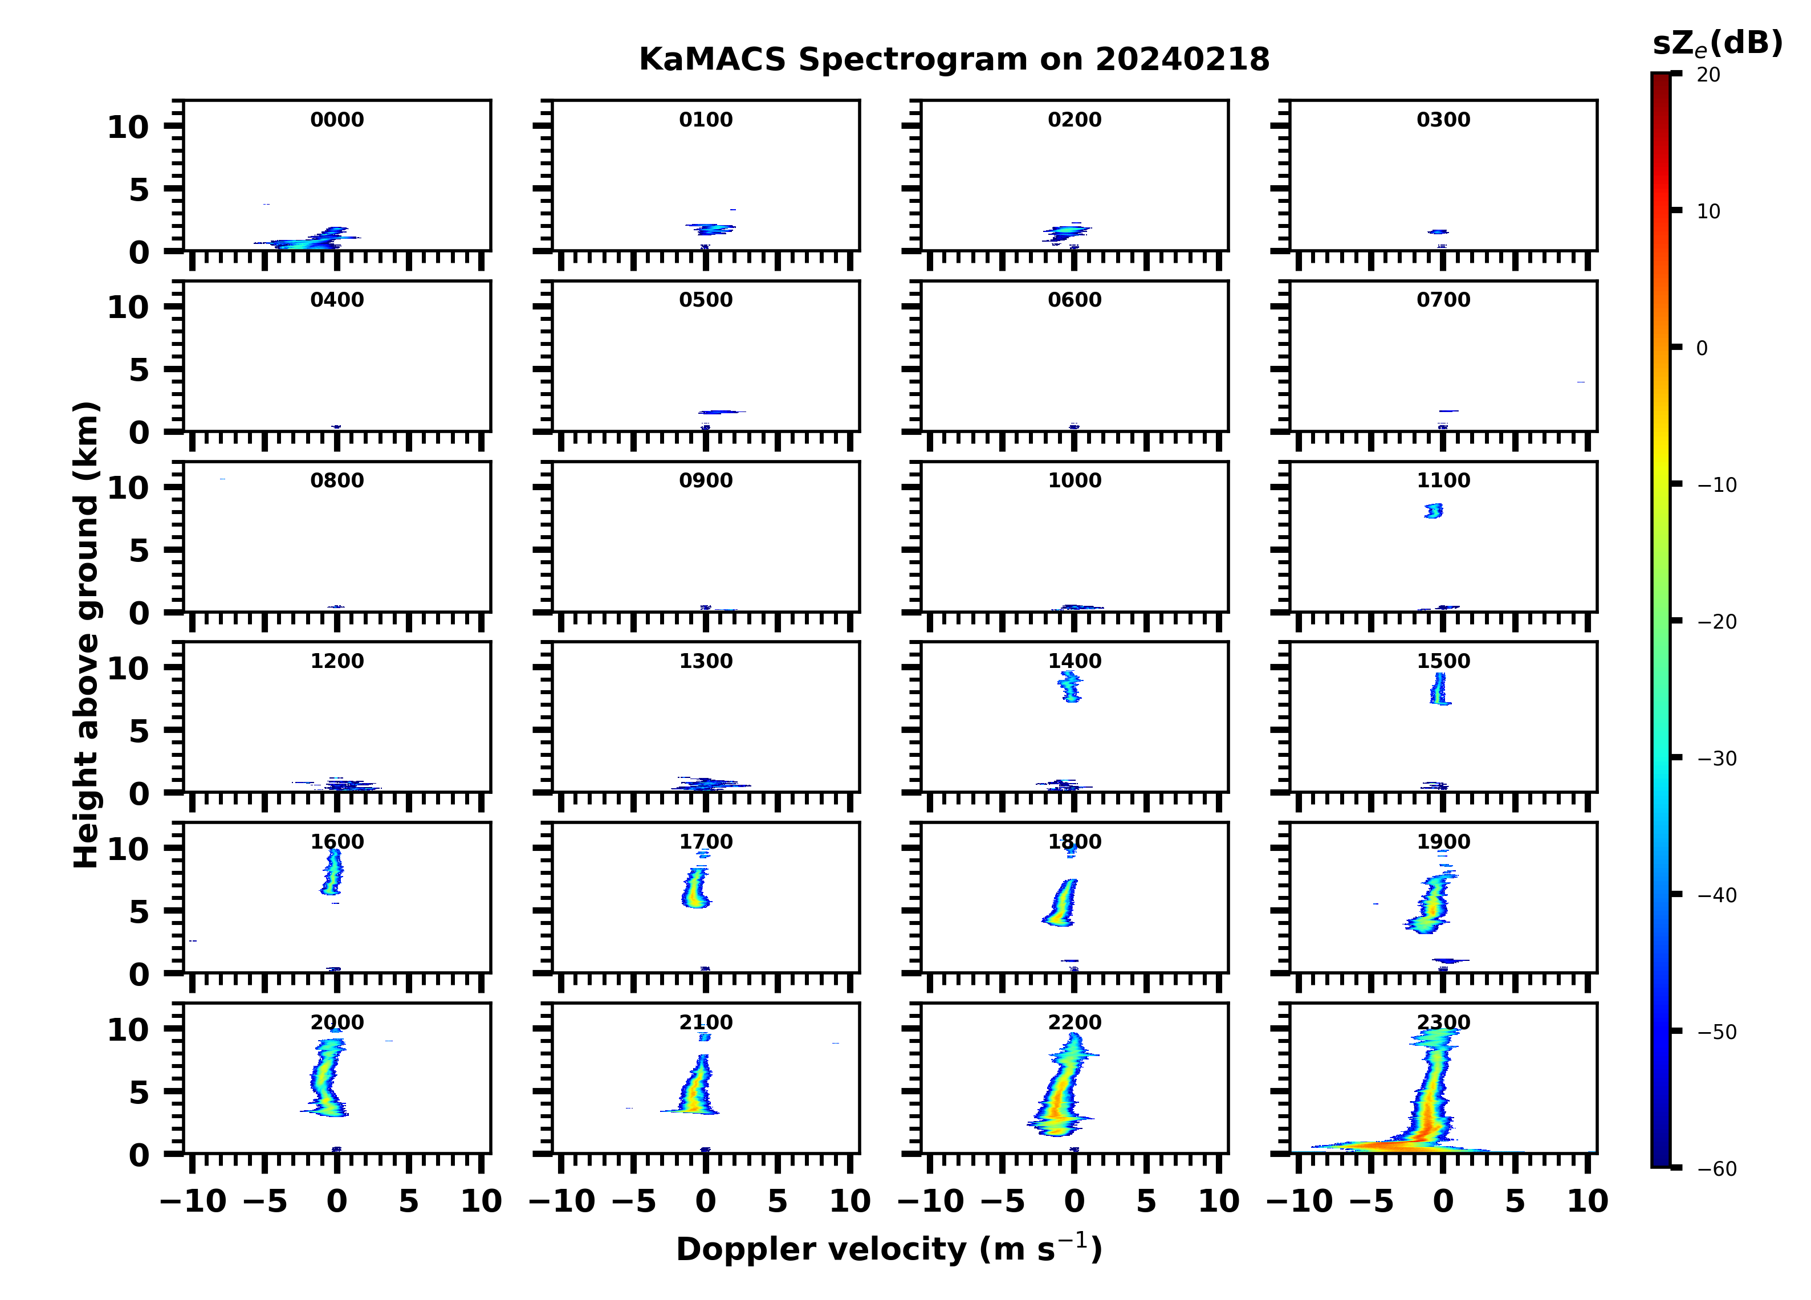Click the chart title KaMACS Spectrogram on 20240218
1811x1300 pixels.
click(x=954, y=60)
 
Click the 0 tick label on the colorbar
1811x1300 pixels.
click(x=1702, y=348)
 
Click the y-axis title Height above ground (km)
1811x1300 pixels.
click(x=86, y=635)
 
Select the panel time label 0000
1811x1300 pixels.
click(x=337, y=120)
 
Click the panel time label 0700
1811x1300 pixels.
click(x=1443, y=300)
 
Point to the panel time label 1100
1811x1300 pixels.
click(x=1443, y=480)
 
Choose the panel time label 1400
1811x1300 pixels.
click(x=1074, y=661)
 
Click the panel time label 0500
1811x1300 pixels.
click(x=706, y=300)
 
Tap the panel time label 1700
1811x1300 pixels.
click(x=706, y=842)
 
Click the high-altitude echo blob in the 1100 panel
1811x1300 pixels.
click(x=1434, y=510)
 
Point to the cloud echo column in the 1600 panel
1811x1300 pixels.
click(x=333, y=872)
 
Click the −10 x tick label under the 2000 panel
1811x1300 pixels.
click(x=193, y=1201)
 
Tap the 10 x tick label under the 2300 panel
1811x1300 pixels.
click(x=1586, y=1201)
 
